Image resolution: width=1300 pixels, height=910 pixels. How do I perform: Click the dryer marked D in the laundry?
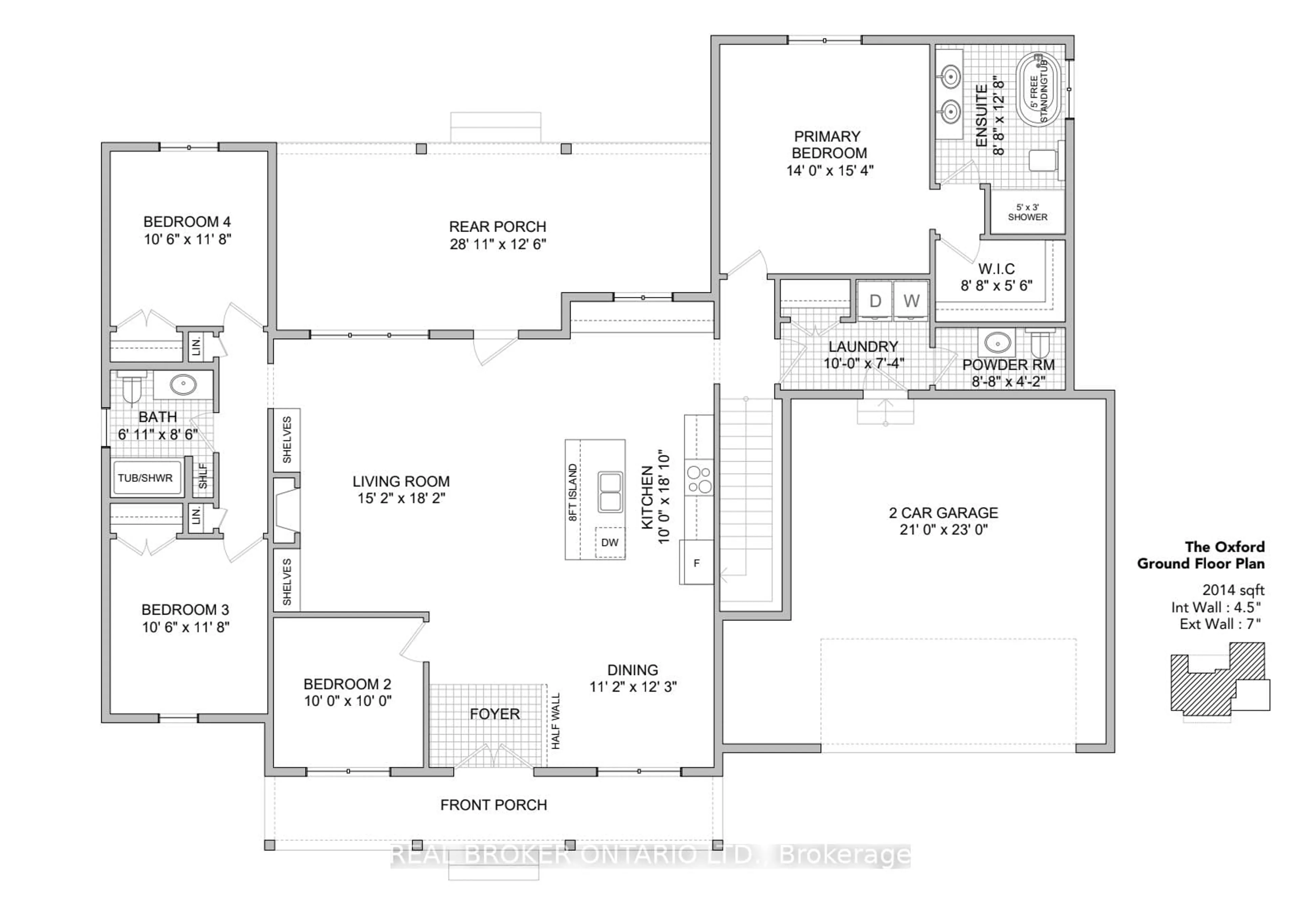(875, 301)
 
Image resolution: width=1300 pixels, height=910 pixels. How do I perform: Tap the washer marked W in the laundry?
(911, 301)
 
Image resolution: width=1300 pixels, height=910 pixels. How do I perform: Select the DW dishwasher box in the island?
(610, 543)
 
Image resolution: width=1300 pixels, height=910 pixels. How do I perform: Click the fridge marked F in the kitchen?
(696, 562)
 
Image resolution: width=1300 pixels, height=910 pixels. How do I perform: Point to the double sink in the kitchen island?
(610, 492)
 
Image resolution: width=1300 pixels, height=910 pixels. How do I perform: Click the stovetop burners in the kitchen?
(699, 480)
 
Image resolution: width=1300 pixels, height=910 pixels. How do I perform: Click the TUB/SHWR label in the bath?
(146, 478)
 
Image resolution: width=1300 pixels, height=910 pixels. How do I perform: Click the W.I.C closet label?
(997, 269)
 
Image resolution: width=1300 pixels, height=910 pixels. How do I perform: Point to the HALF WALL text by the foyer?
(556, 721)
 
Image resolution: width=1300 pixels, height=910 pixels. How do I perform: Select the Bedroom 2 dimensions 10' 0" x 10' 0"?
(348, 701)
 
